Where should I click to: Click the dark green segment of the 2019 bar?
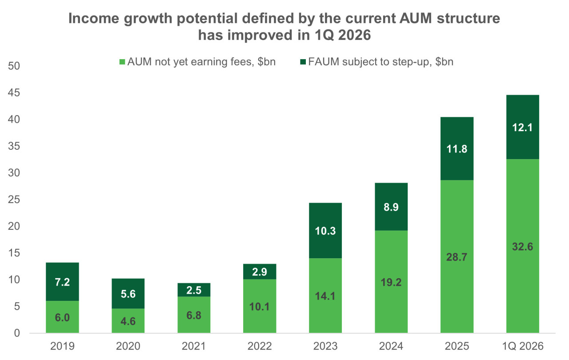tap(62, 281)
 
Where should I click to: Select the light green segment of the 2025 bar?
tap(457, 256)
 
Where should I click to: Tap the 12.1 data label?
tap(522, 128)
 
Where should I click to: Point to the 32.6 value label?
tap(522, 247)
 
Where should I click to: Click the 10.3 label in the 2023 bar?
tap(325, 231)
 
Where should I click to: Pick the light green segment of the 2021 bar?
tap(194, 315)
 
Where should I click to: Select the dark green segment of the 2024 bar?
tap(391, 207)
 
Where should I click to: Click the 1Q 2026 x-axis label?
tap(523, 346)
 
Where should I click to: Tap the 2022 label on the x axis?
tap(260, 346)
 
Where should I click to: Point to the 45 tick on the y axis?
tap(14, 92)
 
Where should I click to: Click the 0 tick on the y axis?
tap(17, 333)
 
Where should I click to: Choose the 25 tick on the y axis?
tap(14, 200)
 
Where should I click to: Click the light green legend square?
tap(122, 62)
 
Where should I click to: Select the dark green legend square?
tap(303, 62)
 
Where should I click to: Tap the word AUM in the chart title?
tap(416, 18)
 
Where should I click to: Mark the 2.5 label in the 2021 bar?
tap(194, 290)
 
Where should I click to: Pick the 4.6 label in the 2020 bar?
tap(128, 321)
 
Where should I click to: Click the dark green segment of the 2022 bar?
tap(260, 272)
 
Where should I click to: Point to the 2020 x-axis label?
tap(128, 346)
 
